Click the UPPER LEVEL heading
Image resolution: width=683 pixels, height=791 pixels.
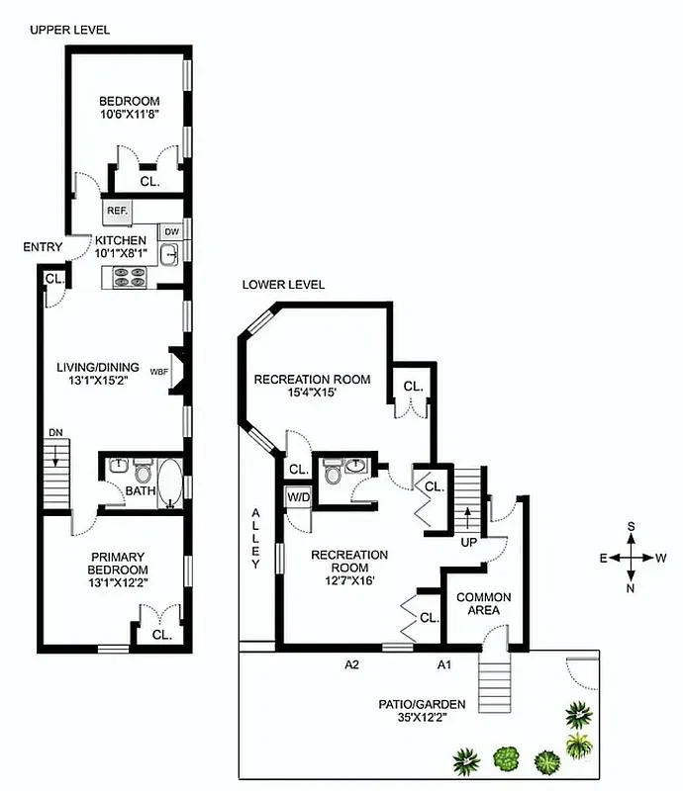coord(69,30)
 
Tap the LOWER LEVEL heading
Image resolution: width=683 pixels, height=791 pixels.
coord(283,285)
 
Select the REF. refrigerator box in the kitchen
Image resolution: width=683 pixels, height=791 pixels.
coord(116,211)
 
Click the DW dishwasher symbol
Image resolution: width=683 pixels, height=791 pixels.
coord(171,231)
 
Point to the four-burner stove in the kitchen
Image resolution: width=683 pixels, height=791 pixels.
coord(130,278)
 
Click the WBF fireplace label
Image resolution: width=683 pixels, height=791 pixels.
coord(158,372)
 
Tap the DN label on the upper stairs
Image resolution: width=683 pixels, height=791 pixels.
coord(55,433)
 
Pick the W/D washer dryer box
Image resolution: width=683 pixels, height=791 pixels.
coord(298,496)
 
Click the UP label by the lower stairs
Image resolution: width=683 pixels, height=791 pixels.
coord(469,541)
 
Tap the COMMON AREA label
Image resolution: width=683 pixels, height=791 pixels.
coord(483,604)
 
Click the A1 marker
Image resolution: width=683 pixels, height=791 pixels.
coord(445,664)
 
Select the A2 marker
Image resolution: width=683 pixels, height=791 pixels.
coord(351,664)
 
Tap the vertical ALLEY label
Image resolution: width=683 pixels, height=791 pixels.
coord(254,538)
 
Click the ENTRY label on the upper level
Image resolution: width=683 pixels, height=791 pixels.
coord(43,247)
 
